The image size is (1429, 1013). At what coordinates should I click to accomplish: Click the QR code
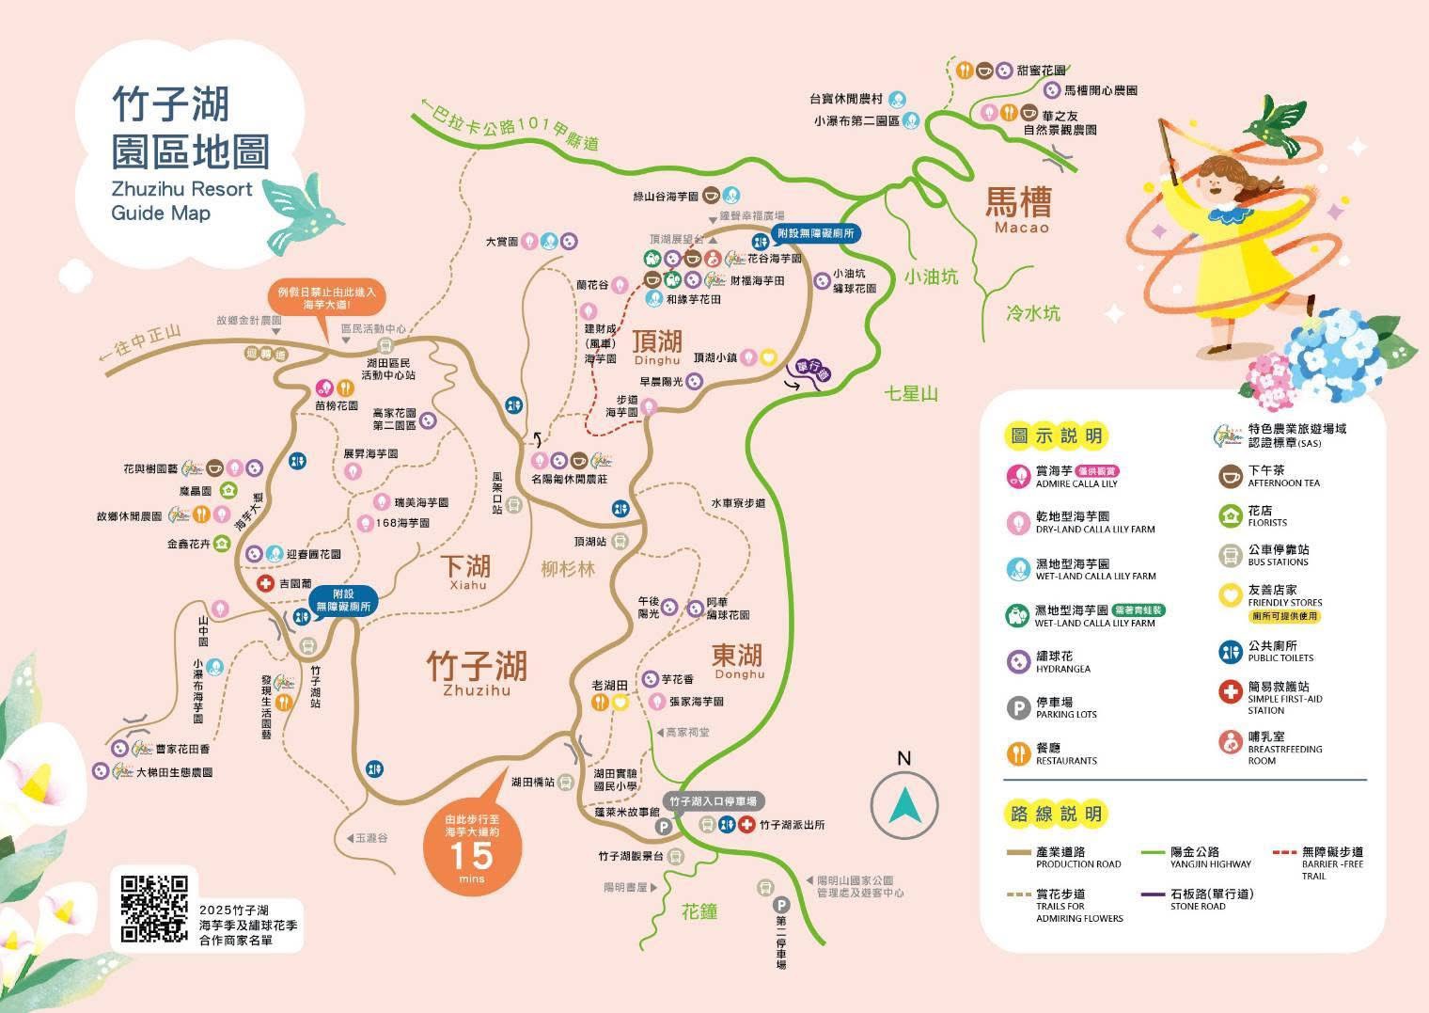point(155,910)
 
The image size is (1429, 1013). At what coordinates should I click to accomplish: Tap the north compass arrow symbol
point(904,805)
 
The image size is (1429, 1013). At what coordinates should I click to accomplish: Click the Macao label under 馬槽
point(1017,228)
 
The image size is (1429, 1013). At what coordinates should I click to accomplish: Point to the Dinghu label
point(657,360)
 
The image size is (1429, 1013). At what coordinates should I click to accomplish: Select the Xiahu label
point(467,585)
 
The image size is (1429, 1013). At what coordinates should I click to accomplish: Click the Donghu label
point(740,674)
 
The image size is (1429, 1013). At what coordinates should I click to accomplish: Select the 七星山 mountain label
point(911,393)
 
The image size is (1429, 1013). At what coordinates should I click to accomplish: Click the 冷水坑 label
point(1032,313)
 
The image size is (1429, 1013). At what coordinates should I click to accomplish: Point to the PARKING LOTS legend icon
point(1018,707)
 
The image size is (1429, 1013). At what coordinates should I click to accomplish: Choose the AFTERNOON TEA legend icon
point(1231,476)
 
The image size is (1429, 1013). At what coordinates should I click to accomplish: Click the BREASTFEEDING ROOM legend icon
point(1231,741)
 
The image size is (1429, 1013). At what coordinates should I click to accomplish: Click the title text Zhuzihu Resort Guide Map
point(181,200)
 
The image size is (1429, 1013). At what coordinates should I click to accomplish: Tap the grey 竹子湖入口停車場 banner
point(714,801)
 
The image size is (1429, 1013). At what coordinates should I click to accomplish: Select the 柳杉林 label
point(568,568)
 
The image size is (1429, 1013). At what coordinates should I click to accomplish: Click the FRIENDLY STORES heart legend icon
point(1231,595)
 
